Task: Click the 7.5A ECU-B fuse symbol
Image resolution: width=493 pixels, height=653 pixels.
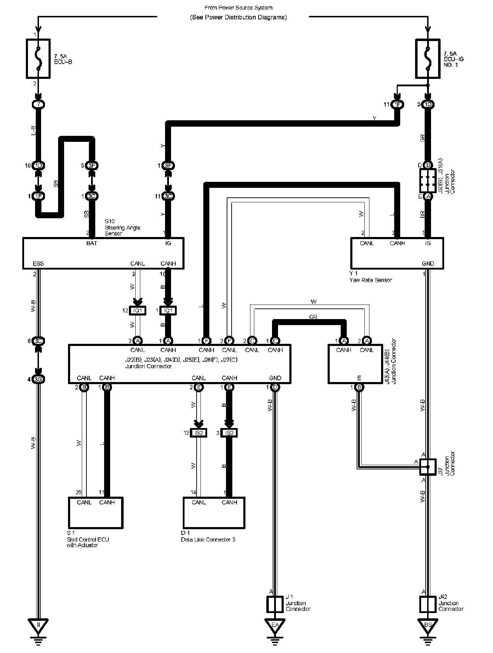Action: [38, 58]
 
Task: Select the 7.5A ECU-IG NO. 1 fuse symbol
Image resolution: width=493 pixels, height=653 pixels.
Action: [427, 58]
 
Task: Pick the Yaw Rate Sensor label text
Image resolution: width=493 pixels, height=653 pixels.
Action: [370, 280]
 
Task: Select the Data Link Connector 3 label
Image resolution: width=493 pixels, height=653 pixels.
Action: [208, 539]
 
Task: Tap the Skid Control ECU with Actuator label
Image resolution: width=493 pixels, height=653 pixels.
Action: [87, 542]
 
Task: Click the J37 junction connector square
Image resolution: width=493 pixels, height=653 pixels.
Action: [427, 467]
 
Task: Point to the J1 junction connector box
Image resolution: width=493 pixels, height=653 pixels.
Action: [275, 604]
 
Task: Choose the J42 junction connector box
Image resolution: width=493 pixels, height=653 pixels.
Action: [427, 604]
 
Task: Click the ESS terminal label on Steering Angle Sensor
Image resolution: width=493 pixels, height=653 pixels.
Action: [38, 264]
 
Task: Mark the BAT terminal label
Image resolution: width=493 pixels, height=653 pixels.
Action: [91, 243]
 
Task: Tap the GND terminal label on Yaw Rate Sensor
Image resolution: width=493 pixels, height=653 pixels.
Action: [428, 264]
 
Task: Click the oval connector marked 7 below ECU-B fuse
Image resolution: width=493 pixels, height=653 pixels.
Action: [38, 105]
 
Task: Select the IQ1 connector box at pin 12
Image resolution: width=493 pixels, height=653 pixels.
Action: [137, 311]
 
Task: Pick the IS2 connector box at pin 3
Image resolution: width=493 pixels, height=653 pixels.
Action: [229, 433]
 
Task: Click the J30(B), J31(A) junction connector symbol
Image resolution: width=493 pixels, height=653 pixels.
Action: [427, 180]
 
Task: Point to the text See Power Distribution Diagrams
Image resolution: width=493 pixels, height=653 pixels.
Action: [238, 17]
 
